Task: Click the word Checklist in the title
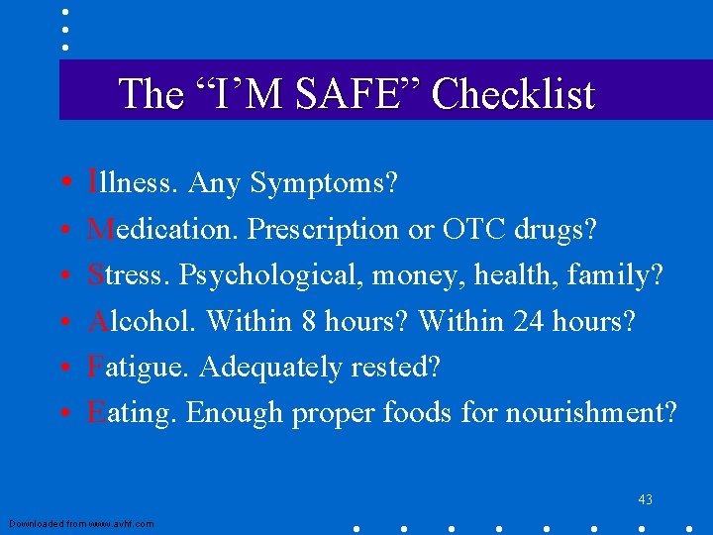pos(513,95)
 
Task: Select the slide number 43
pos(646,499)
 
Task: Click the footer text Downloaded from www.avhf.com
pos(81,522)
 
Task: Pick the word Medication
pos(162,229)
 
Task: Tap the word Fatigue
pos(139,367)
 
